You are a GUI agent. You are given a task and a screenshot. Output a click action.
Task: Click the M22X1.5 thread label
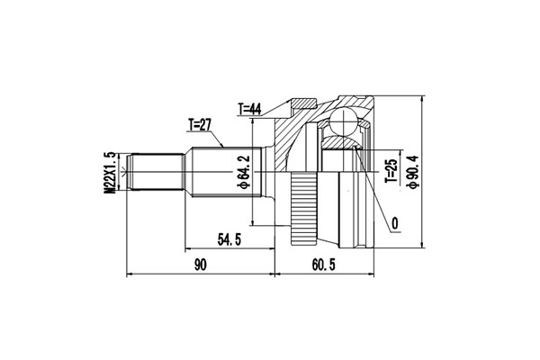(109, 171)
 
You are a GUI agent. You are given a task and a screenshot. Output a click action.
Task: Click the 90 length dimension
(200, 265)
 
